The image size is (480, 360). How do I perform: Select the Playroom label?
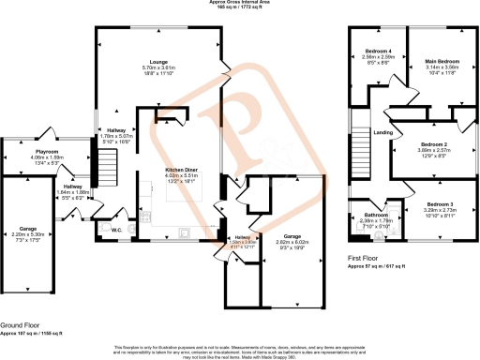coord(47,150)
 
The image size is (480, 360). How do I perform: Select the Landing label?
coord(382,132)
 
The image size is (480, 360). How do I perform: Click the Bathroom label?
coord(376,216)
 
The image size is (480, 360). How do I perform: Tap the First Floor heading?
coord(365,261)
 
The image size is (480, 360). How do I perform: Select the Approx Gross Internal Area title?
coord(239,3)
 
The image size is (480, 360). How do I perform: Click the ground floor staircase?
coord(108,172)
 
